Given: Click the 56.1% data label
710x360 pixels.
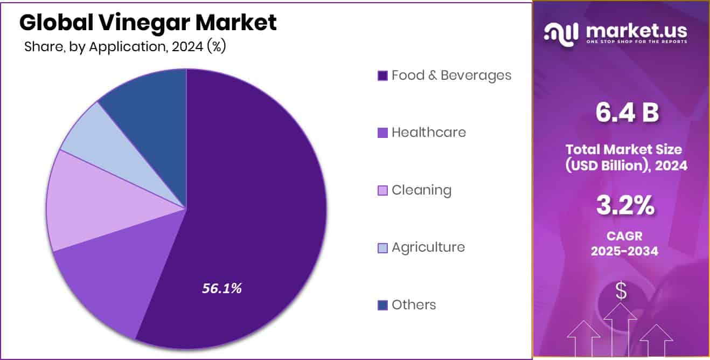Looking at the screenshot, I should coord(222,289).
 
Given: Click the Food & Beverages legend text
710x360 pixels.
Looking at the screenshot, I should coord(451,75).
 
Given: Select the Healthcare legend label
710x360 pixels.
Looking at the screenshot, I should coord(429,132).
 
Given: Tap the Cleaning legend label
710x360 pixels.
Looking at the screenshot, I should coord(421,190).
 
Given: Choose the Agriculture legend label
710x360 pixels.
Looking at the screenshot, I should coord(428,247).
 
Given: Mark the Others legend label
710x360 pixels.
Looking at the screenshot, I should coord(414,304).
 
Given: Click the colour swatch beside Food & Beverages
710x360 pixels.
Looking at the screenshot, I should coord(382,75).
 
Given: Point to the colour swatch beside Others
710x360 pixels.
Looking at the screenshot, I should coord(382,306).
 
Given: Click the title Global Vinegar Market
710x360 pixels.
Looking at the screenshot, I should coord(148,23).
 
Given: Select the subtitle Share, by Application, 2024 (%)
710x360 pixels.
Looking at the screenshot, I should coord(125,46).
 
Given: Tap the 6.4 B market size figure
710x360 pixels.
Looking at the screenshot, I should coord(627,114).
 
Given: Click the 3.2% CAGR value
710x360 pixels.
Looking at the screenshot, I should coord(625,206).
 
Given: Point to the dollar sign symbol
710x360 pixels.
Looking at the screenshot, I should coord(621,291).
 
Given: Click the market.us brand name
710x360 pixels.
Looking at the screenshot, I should coord(636,31).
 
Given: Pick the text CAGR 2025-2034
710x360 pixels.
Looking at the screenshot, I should coord(624,244).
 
